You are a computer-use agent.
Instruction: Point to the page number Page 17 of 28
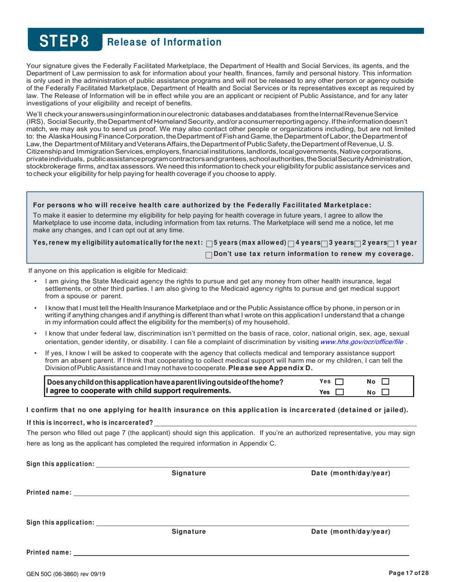pos(409,573)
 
